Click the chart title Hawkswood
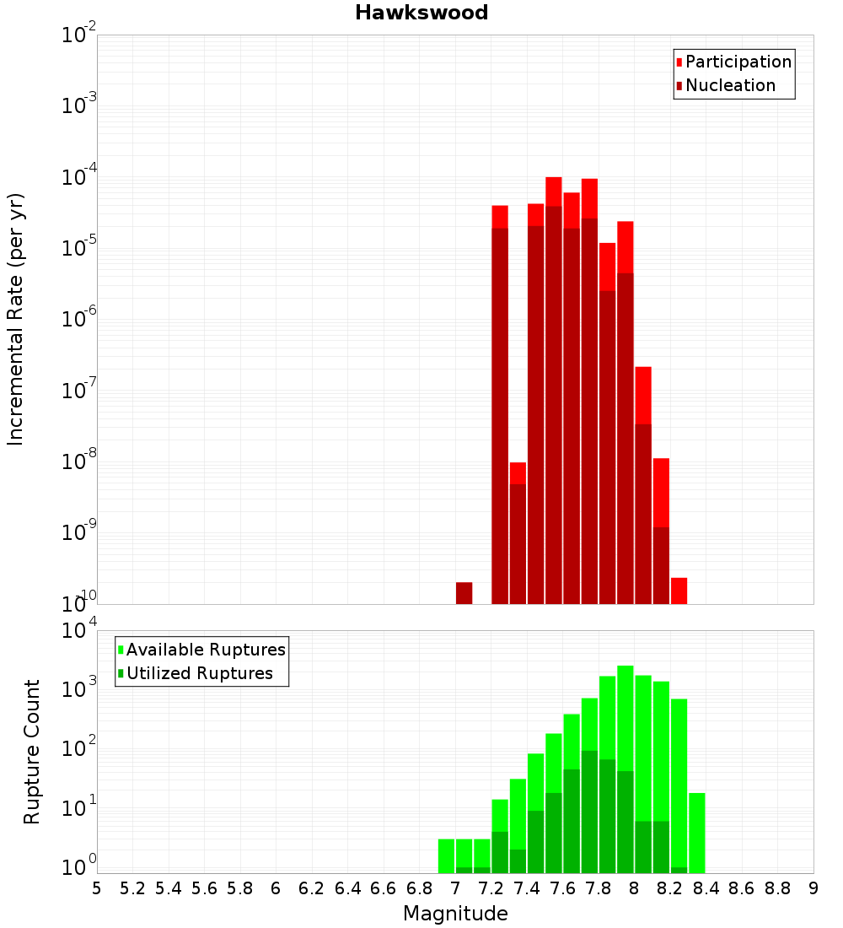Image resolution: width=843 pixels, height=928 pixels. point(421,13)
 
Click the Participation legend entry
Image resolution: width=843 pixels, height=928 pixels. point(738,62)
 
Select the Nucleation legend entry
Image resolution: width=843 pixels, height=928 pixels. point(730,85)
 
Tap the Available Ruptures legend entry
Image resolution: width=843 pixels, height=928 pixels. point(206,650)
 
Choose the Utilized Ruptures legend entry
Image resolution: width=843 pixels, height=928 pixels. point(199,673)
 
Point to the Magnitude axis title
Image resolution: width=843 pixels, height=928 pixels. point(455,914)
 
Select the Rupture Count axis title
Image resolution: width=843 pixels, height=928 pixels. point(32,751)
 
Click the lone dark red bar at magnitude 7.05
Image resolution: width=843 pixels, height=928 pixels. point(464,593)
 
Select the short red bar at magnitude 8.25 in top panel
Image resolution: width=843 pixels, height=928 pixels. point(679,591)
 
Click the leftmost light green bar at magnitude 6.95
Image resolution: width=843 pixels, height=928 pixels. point(446,855)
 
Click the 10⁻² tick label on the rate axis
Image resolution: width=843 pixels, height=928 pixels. point(79,36)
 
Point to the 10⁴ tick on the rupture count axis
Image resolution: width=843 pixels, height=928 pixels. point(79,631)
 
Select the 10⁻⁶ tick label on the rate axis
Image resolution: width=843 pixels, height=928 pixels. point(79,320)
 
